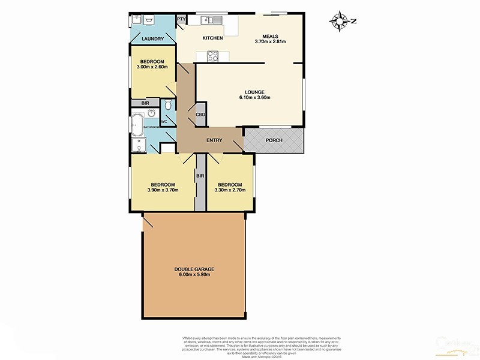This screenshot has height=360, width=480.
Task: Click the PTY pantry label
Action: (x=181, y=20)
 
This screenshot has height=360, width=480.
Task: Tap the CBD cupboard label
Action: (x=200, y=115)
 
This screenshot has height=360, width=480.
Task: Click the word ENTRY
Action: (x=214, y=140)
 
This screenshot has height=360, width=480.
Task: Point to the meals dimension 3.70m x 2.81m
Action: (x=270, y=41)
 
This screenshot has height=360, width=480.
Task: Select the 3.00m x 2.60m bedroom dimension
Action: (x=153, y=68)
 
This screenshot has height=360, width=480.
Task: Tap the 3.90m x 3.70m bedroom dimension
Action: (x=163, y=190)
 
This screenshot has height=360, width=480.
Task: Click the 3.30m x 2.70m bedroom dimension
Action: (x=230, y=190)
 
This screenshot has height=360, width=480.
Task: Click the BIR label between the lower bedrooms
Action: (x=200, y=176)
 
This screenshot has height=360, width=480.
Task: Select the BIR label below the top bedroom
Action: (x=145, y=103)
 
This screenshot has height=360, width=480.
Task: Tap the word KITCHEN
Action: (x=212, y=38)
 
